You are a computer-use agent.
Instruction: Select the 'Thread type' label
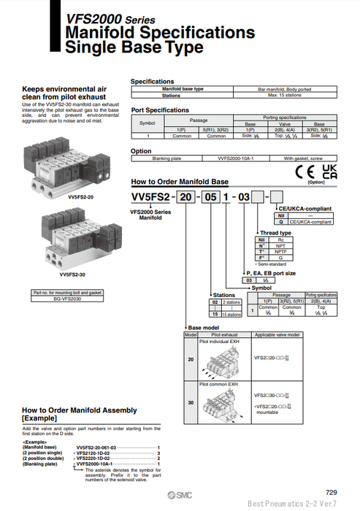pyautogui.click(x=275, y=232)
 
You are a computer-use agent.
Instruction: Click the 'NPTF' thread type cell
pyautogui.click(x=281, y=250)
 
